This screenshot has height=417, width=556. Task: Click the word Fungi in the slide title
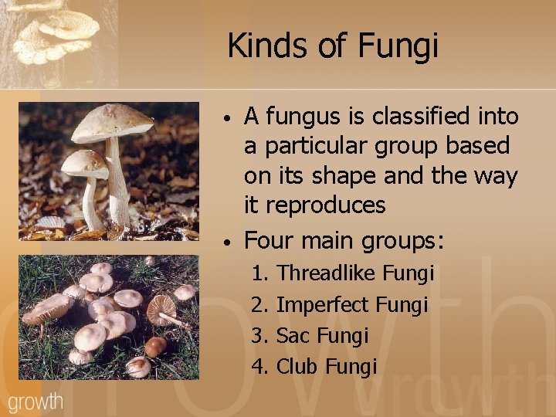pyautogui.click(x=398, y=46)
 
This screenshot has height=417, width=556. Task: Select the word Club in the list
pyautogui.click(x=297, y=366)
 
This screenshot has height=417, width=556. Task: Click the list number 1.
pyautogui.click(x=258, y=273)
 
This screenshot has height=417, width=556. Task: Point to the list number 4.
pyautogui.click(x=258, y=366)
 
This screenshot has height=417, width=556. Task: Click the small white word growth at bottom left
pyautogui.click(x=36, y=402)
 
